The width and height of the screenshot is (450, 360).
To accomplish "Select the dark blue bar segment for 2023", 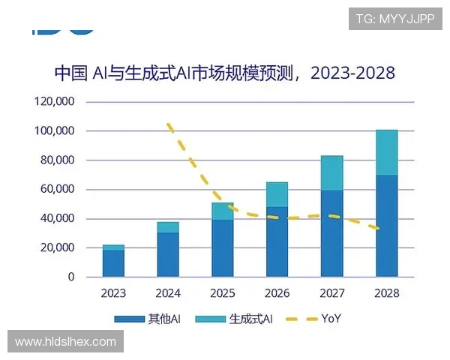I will coord(113,263).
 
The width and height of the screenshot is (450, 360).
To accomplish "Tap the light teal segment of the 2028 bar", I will coord(386,152).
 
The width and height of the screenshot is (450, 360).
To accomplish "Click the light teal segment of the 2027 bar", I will coord(331,173).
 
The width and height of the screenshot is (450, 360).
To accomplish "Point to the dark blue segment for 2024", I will coord(168,254).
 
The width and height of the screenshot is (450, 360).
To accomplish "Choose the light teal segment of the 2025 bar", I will coord(223,211).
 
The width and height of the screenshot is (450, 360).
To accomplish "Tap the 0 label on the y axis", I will coord(72,277).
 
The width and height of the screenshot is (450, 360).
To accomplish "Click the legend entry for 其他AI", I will coord(151,319).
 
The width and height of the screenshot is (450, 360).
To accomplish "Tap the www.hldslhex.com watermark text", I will coord(65,342).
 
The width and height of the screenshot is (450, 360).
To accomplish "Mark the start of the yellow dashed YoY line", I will coord(168,124).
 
